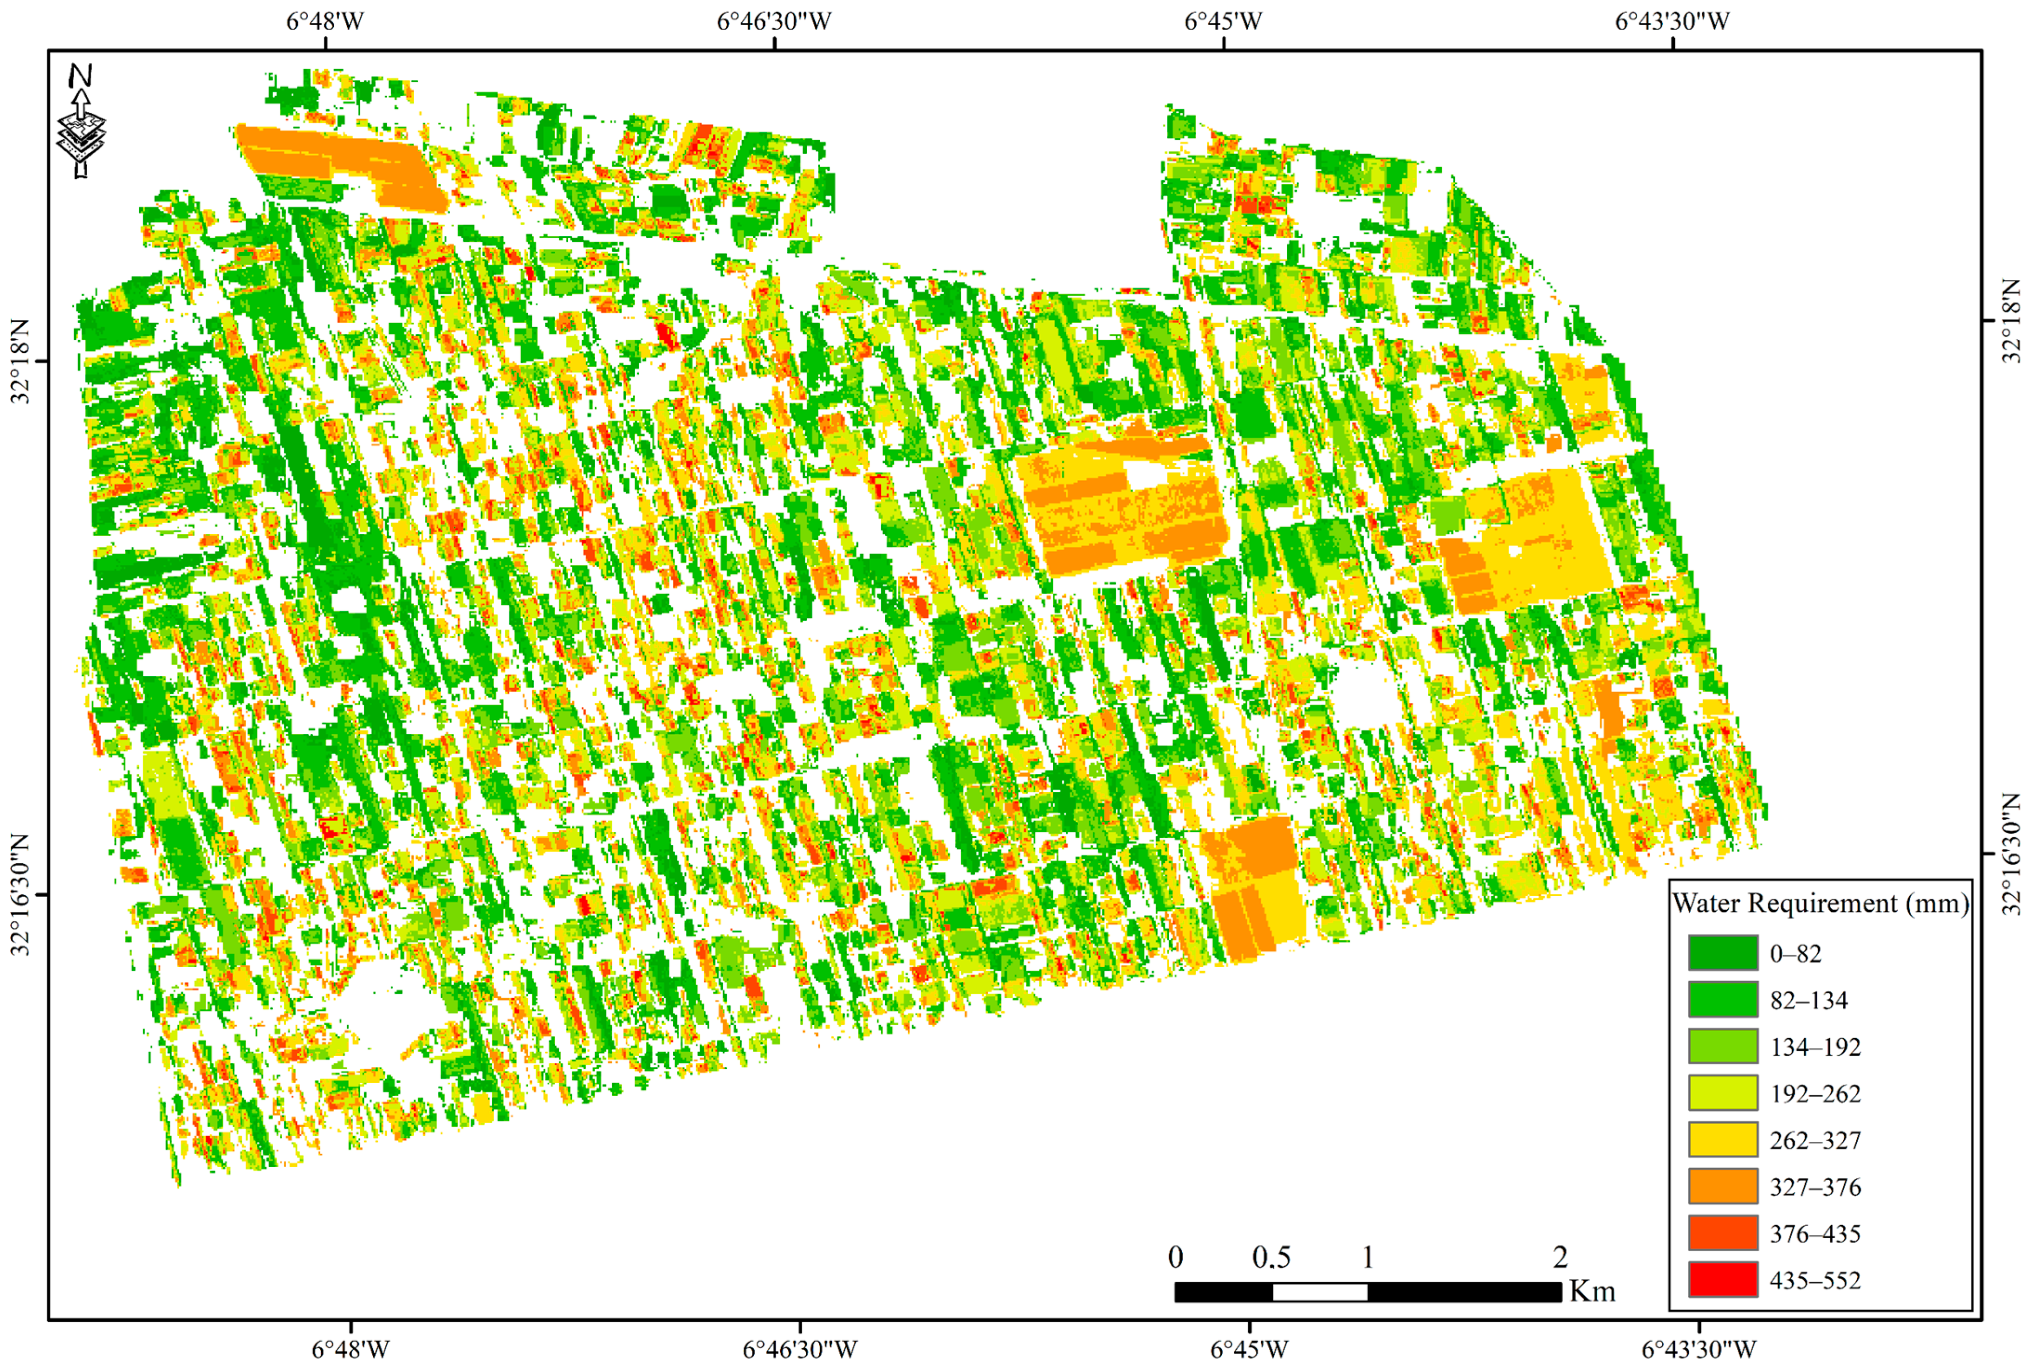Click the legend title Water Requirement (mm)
click(1820, 903)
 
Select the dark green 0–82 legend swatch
click(1722, 953)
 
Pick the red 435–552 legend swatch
click(1722, 1280)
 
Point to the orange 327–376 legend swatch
click(1722, 1186)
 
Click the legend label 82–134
click(1808, 1000)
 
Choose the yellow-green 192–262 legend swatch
click(1722, 1093)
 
